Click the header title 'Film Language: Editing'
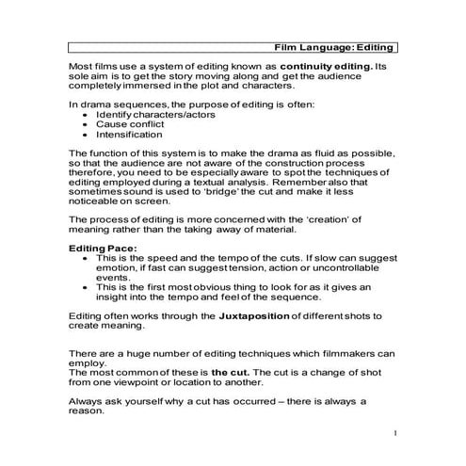[333, 46]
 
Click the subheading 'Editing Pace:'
[103, 249]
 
